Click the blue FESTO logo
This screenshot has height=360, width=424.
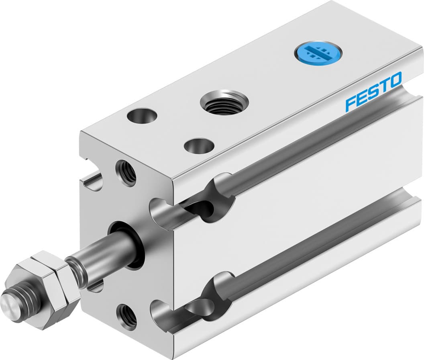[373, 91]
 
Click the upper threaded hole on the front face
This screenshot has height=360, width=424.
[126, 172]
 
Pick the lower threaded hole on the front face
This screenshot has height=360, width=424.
[126, 313]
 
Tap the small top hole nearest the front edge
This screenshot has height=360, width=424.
[198, 145]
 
